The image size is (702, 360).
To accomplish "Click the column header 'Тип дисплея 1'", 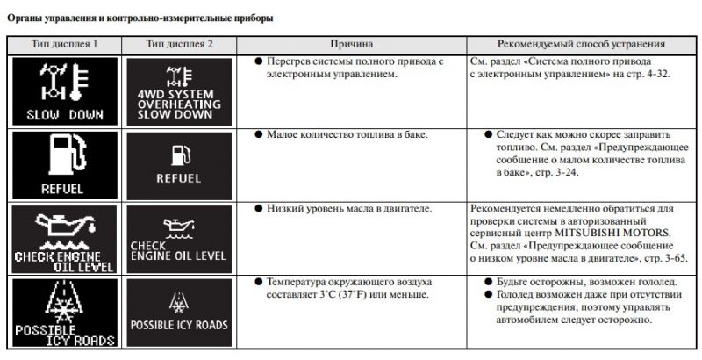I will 64,43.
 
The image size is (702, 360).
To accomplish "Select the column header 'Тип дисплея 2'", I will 180,43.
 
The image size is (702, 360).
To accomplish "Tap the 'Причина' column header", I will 352,43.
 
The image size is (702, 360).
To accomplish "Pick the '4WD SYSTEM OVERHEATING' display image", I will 178,91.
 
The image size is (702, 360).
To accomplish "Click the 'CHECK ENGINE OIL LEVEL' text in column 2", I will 178,250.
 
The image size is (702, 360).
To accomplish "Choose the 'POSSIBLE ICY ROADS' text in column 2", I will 179,325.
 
